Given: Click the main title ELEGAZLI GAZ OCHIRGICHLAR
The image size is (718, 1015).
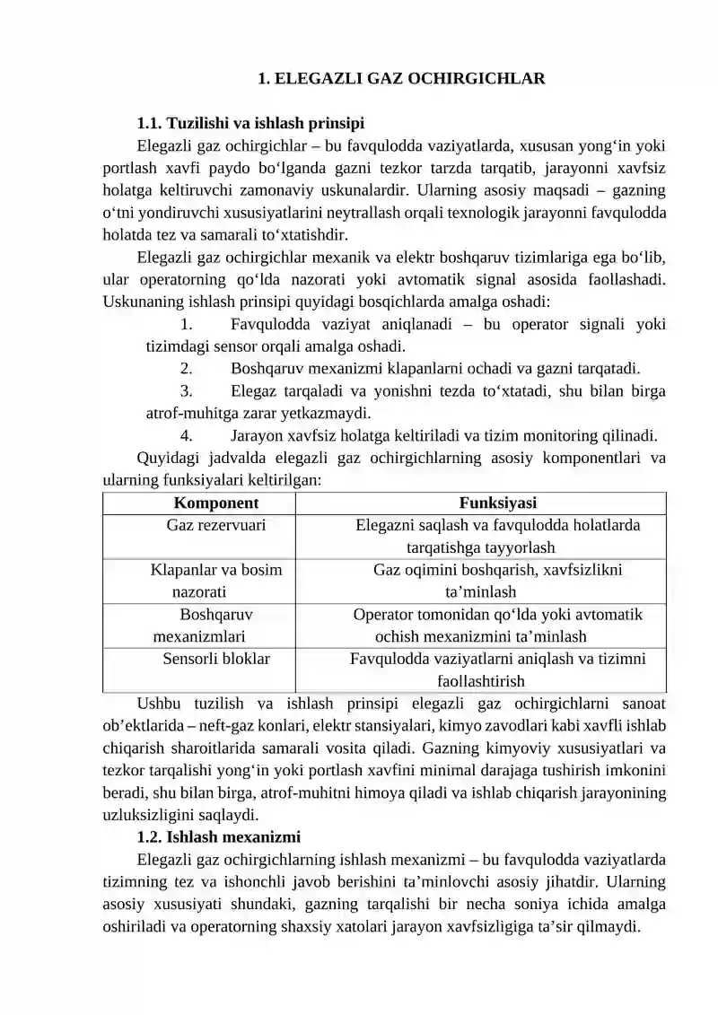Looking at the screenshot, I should pos(401,78).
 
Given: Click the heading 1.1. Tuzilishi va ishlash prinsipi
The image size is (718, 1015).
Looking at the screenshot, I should pos(250,123).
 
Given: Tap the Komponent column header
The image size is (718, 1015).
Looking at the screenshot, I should pos(216,503).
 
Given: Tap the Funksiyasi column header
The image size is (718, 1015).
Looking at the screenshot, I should pos(498,503).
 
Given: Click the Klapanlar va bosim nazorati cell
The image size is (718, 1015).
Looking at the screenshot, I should pos(216,581).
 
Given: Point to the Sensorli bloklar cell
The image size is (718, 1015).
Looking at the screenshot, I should pos(216,659).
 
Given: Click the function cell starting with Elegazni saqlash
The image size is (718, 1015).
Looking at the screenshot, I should pos(498,536).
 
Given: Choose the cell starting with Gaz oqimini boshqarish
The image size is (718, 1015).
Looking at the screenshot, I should pos(498,581).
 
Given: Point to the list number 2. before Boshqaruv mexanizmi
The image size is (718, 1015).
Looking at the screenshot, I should pos(186,368).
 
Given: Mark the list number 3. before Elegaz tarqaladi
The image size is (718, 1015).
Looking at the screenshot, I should pos(186,390).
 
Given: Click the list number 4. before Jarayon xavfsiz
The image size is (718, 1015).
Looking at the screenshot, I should pos(186,436).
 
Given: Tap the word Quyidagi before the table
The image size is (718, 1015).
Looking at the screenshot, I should pos(167,459).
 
